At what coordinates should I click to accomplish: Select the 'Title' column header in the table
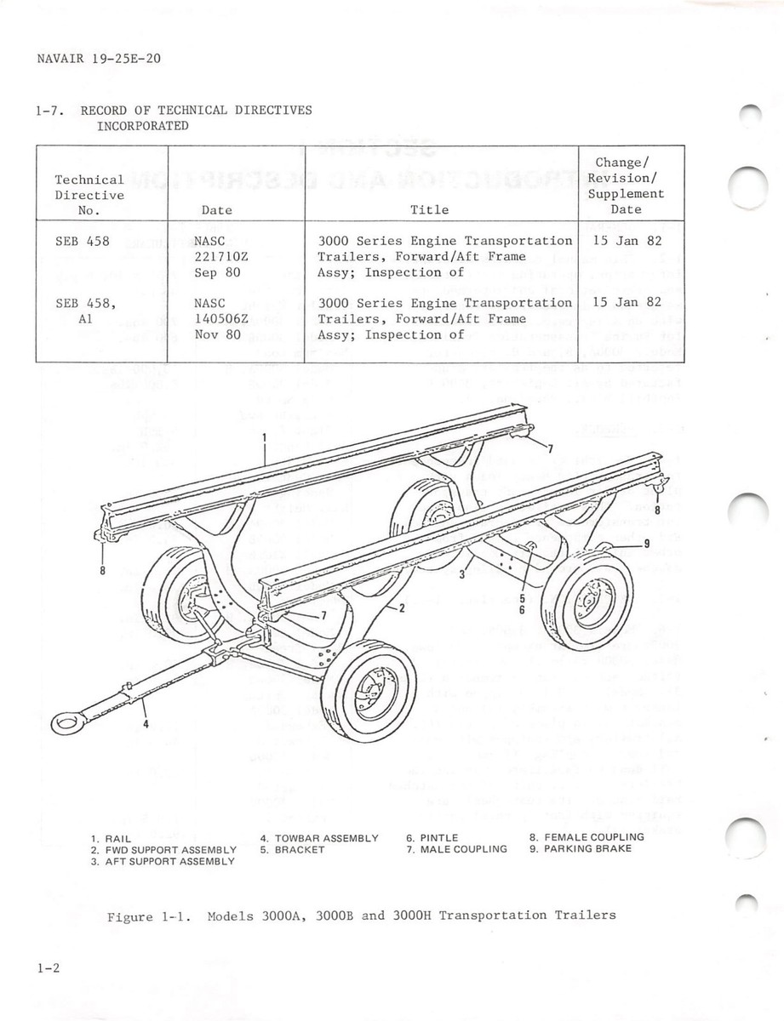point(429,209)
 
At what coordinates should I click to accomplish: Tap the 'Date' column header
point(216,209)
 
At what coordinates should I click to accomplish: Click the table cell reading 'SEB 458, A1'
point(86,311)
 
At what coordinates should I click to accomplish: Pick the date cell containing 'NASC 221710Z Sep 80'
point(216,257)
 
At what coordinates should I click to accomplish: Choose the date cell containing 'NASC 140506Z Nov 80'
point(216,319)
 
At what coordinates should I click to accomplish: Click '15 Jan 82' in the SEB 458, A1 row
point(627,303)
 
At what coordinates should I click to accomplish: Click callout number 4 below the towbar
point(145,724)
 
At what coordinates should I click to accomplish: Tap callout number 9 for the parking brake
point(647,542)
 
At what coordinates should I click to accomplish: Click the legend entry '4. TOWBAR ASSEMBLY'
point(319,838)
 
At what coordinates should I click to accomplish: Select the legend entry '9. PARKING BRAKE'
point(581,849)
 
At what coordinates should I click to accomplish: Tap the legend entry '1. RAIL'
point(112,839)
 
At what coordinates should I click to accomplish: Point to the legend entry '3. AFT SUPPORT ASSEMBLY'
point(163,862)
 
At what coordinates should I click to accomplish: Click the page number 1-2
point(48,968)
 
